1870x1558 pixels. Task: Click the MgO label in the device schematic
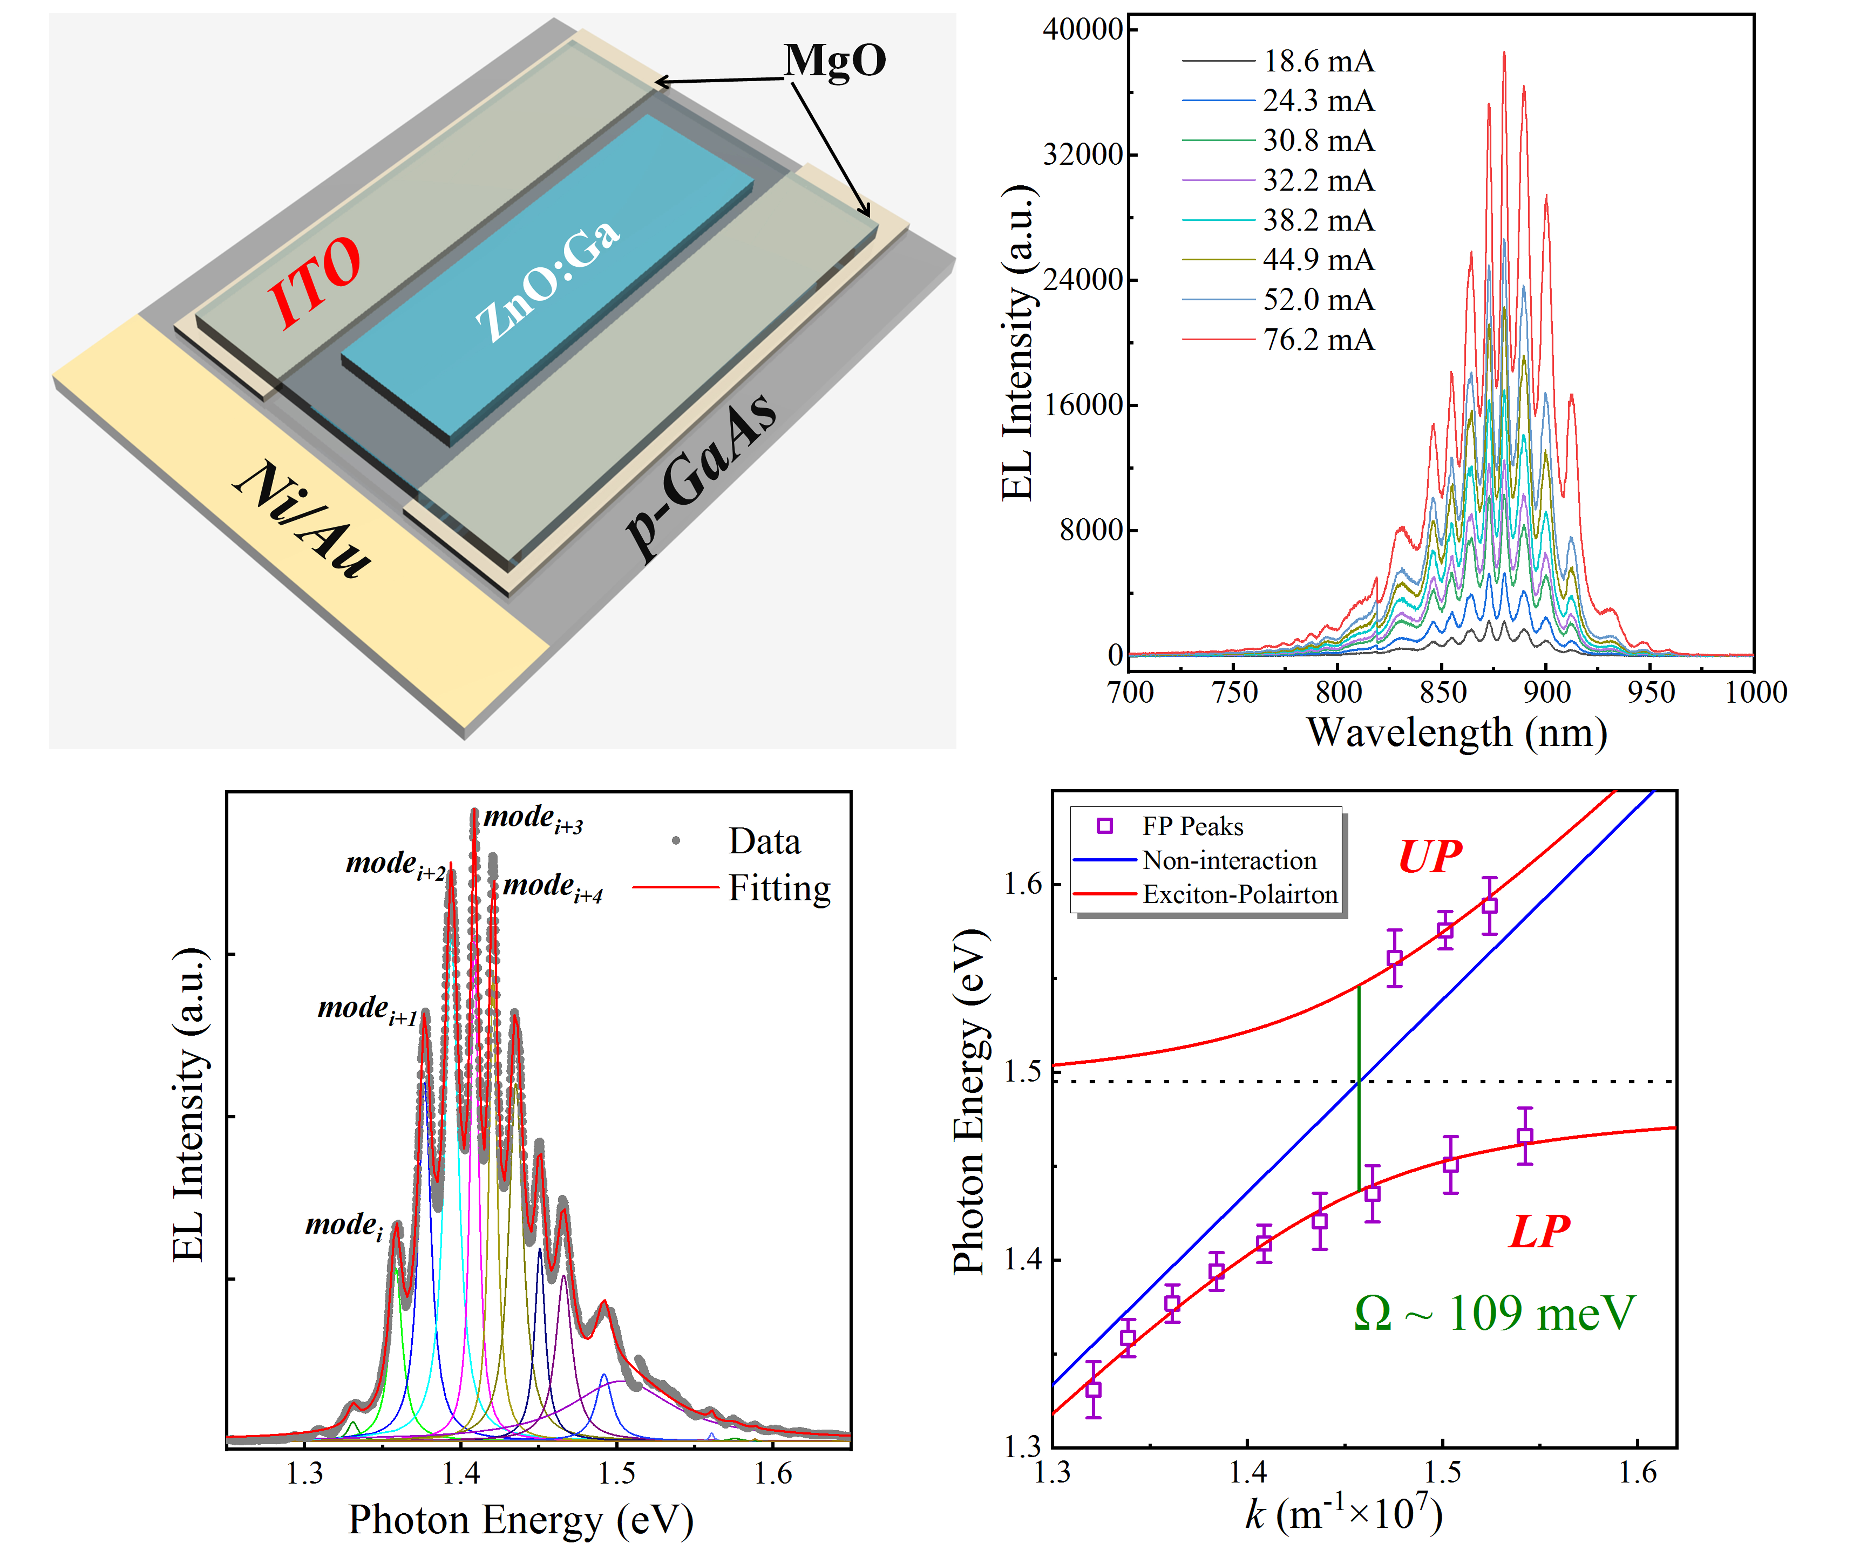[834, 60]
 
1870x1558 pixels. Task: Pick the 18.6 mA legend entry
[1318, 61]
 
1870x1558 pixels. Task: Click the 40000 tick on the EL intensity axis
[1082, 29]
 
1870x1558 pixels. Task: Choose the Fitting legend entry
[779, 888]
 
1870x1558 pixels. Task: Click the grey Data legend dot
[676, 840]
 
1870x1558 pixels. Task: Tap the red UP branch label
[1429, 857]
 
